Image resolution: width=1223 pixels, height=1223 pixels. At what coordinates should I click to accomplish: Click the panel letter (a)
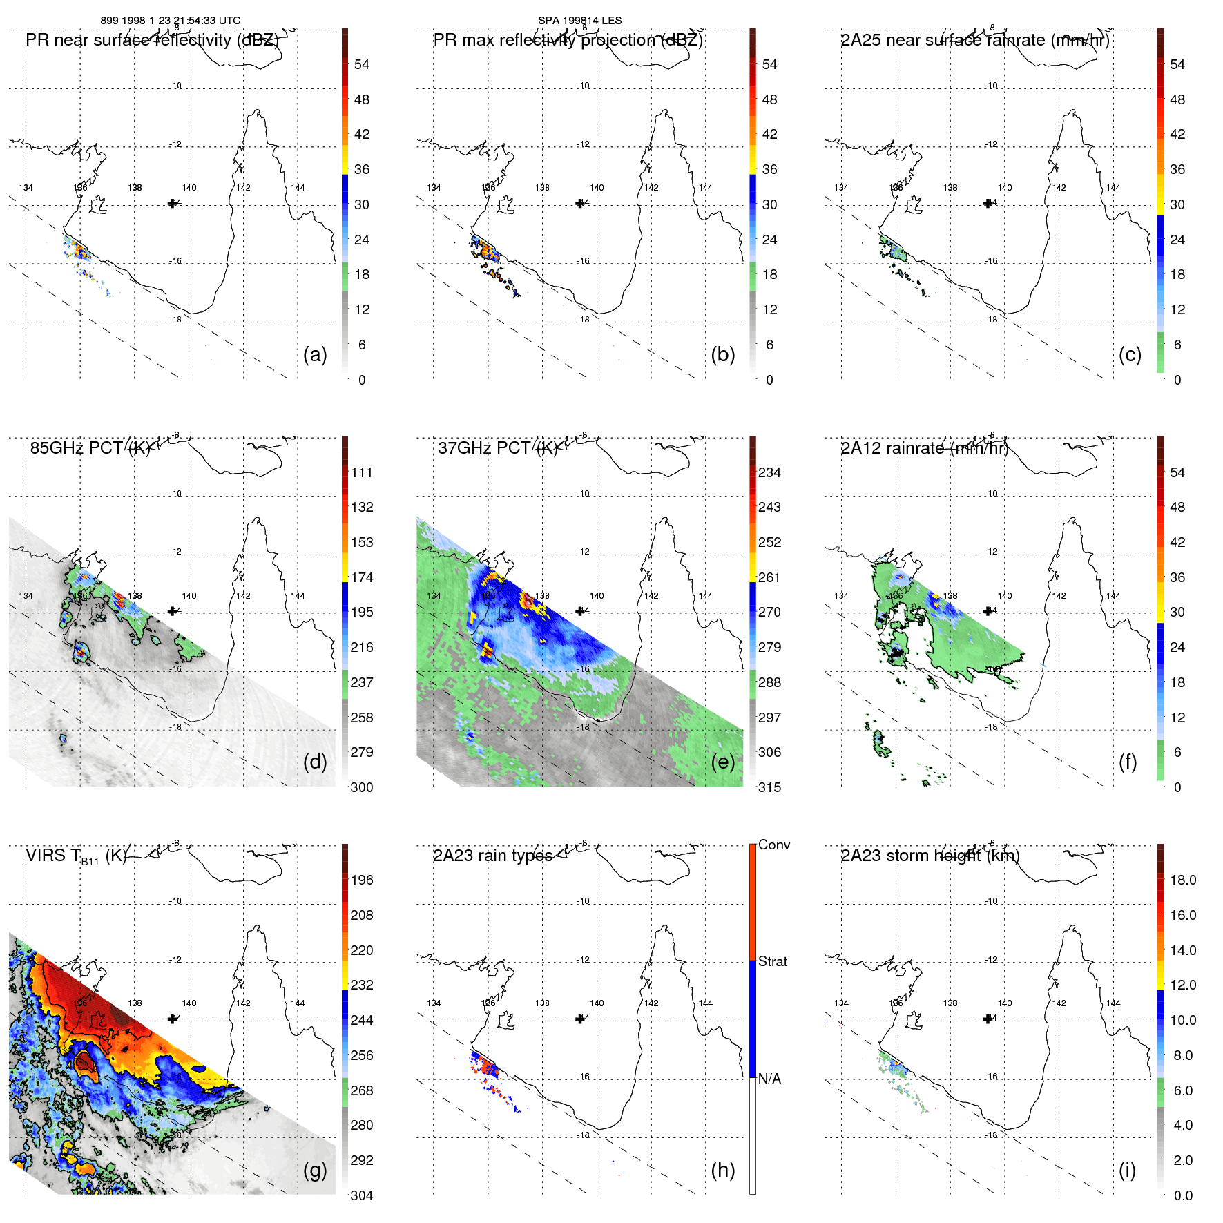(x=315, y=355)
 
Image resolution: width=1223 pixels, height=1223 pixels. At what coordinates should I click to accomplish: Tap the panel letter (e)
(x=722, y=762)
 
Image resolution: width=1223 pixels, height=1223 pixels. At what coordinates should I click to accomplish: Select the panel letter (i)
(x=1127, y=1170)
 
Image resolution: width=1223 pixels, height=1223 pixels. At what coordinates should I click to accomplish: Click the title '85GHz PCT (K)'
(x=90, y=448)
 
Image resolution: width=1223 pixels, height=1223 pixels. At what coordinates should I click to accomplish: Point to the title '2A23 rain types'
(x=492, y=856)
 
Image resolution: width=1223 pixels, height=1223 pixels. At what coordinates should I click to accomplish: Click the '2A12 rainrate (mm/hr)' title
(x=925, y=448)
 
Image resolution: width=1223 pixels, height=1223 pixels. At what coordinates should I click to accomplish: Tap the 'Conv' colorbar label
(x=773, y=845)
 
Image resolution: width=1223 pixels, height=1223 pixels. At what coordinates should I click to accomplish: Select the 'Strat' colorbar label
(x=772, y=961)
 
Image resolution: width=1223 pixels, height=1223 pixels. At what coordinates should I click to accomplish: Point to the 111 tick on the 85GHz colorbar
(x=362, y=472)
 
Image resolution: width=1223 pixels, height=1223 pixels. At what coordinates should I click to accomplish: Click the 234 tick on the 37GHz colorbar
(x=769, y=472)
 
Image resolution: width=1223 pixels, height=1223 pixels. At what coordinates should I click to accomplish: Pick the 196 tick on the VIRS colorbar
(x=362, y=880)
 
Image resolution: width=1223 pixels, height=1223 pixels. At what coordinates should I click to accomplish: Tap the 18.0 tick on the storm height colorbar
(x=1182, y=880)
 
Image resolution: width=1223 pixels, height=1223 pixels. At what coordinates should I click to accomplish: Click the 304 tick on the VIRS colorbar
(x=362, y=1195)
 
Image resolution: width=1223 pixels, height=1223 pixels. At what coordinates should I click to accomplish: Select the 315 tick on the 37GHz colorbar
(x=769, y=787)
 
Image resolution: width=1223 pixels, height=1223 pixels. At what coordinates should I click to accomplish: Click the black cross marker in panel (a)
(x=172, y=203)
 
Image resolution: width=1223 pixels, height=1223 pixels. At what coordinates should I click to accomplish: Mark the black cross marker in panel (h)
(x=580, y=1019)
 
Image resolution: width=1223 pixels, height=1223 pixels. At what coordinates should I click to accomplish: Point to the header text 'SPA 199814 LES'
(x=580, y=21)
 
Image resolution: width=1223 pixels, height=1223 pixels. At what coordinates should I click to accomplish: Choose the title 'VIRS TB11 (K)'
(x=77, y=856)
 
